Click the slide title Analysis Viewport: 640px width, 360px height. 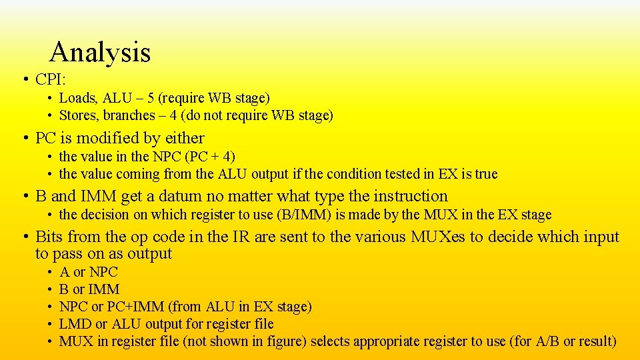coord(100,52)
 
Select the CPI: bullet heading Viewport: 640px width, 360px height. coord(50,80)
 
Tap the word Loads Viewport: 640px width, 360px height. coord(77,98)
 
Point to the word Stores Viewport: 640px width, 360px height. coord(79,115)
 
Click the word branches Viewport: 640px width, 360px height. coord(128,115)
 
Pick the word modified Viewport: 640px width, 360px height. coord(108,138)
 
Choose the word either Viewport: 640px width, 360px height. coord(185,138)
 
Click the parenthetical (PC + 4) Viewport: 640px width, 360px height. coord(210,157)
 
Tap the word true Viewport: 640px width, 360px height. coord(486,174)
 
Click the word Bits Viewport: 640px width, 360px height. coord(50,237)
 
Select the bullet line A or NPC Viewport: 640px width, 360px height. coord(88,272)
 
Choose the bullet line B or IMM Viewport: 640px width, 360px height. coord(89,289)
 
